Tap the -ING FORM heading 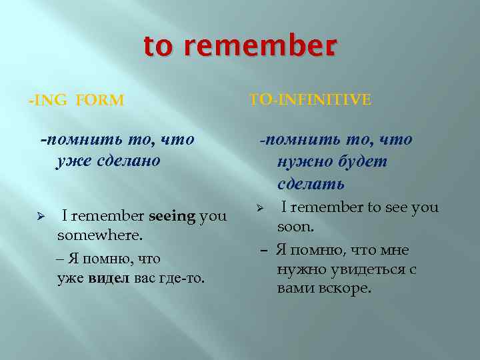point(76,101)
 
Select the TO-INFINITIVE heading point(310,99)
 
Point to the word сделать point(312,183)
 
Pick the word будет point(363,161)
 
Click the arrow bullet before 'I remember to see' point(261,208)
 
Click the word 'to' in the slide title point(157,47)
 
